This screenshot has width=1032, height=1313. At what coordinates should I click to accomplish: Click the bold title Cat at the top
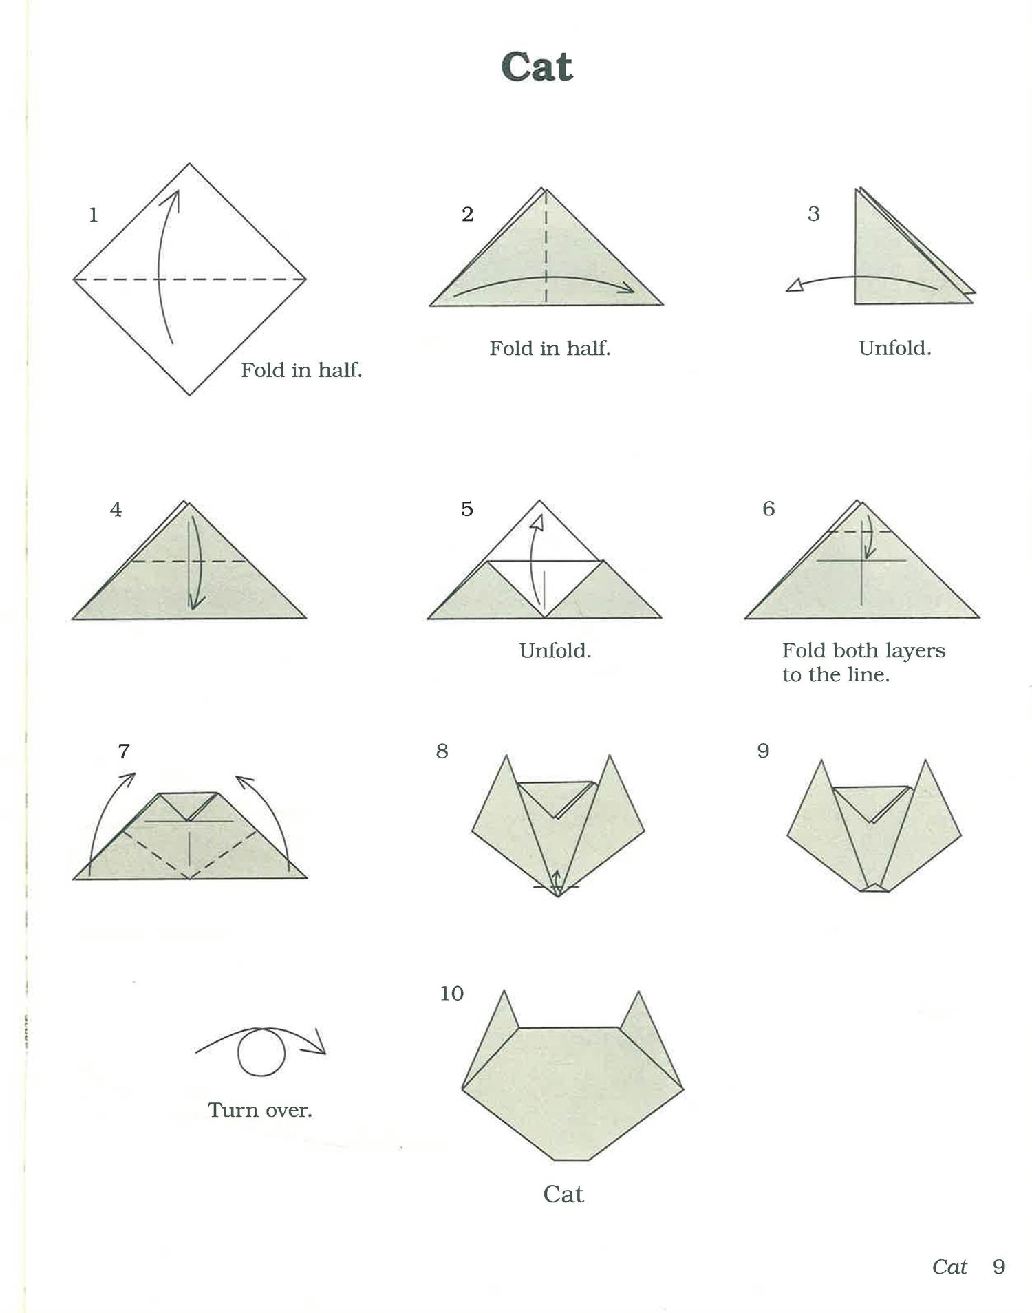[x=537, y=67]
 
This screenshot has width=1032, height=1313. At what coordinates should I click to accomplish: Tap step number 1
[x=94, y=215]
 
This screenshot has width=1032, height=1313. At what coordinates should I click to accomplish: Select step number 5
[x=467, y=509]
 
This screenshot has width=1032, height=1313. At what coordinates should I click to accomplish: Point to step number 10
[x=452, y=993]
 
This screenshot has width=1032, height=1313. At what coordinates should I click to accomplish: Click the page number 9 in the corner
[x=999, y=1267]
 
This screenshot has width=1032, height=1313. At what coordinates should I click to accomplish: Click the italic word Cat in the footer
[x=949, y=1267]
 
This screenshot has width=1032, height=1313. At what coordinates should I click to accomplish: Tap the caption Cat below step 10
[x=563, y=1194]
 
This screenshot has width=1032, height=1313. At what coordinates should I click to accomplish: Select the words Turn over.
[x=260, y=1110]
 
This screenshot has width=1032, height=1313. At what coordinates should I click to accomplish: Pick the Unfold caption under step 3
[x=895, y=348]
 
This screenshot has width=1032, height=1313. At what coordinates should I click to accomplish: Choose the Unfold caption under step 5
[x=555, y=651]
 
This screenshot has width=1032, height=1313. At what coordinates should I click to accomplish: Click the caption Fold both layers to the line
[x=863, y=663]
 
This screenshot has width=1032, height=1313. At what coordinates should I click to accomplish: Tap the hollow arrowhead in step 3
[x=795, y=285]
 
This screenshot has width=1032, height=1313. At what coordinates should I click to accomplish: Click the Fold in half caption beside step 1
[x=301, y=370]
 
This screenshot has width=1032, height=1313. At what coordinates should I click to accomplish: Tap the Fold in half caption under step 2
[x=550, y=348]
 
